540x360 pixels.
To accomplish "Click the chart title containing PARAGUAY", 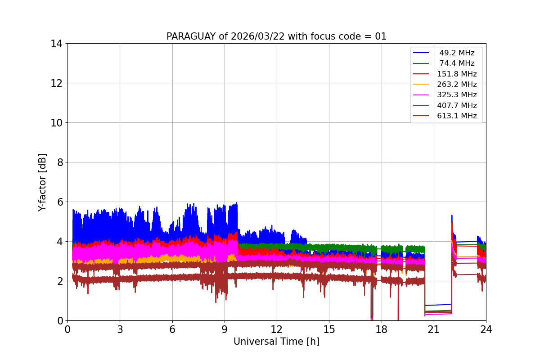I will pyautogui.click(x=276, y=36).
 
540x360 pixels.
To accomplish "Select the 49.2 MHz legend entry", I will pyautogui.click(x=457, y=53).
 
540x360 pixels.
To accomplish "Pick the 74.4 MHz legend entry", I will pyautogui.click(x=457, y=63).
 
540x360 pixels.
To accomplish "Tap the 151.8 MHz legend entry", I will pyautogui.click(x=457, y=74).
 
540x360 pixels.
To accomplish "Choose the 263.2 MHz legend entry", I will pyautogui.click(x=457, y=84).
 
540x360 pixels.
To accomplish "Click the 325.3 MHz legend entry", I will pyautogui.click(x=457, y=95).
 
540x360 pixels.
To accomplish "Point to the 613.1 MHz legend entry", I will pyautogui.click(x=457, y=116).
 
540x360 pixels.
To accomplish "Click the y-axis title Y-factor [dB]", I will pyautogui.click(x=42, y=182).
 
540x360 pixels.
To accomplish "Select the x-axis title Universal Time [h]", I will pyautogui.click(x=276, y=342).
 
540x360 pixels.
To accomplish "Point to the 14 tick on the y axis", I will pyautogui.click(x=57, y=44).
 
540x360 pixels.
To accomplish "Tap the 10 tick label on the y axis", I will pyautogui.click(x=57, y=123).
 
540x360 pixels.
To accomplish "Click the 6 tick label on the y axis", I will pyautogui.click(x=60, y=202).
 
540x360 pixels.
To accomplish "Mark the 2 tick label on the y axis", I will pyautogui.click(x=60, y=281).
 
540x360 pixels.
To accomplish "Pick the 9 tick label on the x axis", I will pyautogui.click(x=225, y=329).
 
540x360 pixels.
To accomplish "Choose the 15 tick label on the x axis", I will pyautogui.click(x=329, y=329).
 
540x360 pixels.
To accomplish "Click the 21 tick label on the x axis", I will pyautogui.click(x=433, y=329).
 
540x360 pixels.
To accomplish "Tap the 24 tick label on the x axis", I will pyautogui.click(x=486, y=329).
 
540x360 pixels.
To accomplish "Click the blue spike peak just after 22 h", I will pyautogui.click(x=452, y=216).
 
